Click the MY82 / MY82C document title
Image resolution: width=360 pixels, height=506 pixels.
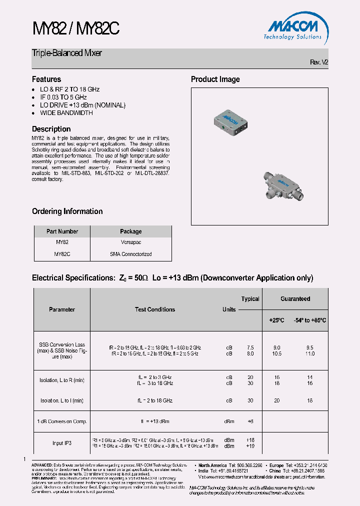[x=75, y=29]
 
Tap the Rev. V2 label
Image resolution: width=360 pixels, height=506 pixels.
[x=318, y=62]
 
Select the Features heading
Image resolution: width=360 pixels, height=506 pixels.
[x=46, y=79]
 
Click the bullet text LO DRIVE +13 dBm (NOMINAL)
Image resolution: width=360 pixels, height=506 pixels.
[x=82, y=105]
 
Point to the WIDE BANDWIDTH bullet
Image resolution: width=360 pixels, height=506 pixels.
[x=66, y=113]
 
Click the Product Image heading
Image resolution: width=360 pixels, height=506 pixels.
[x=215, y=79]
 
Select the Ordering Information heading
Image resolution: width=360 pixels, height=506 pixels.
[x=67, y=211]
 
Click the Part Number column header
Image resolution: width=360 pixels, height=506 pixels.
[x=62, y=231]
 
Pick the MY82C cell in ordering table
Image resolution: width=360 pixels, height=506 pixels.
[x=62, y=254]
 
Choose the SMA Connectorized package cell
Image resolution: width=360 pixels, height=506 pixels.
[x=130, y=254]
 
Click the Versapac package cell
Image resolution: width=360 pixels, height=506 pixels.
[x=130, y=242]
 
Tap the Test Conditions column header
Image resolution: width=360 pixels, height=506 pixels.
[x=155, y=309]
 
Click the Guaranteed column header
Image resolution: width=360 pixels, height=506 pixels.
[x=295, y=299]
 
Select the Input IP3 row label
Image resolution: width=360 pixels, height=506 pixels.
[x=62, y=443]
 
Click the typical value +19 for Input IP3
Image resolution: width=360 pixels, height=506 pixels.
[x=250, y=446]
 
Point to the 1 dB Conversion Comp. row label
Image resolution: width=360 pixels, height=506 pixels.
[x=62, y=421]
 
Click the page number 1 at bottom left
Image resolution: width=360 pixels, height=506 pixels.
[x=24, y=459]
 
